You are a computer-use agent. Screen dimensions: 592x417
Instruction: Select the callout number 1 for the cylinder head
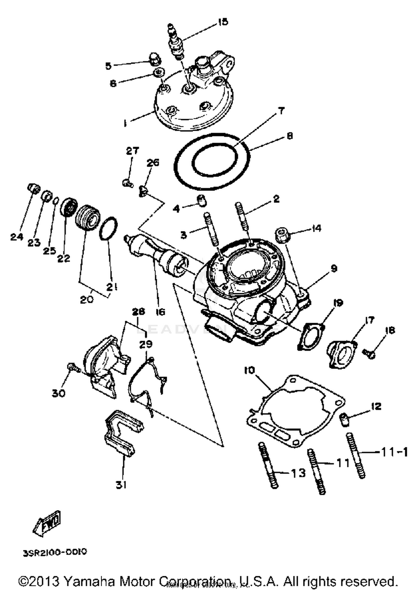(x=125, y=123)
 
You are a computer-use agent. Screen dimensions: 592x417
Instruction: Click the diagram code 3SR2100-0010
(x=55, y=552)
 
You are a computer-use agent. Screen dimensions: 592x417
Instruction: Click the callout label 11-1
(x=394, y=452)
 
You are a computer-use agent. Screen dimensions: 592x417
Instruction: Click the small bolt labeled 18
(x=369, y=353)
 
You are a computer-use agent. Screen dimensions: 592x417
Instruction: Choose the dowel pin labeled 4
(x=202, y=200)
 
